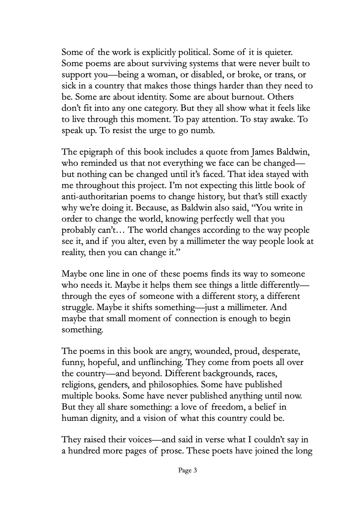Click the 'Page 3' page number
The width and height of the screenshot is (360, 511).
click(x=188, y=471)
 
